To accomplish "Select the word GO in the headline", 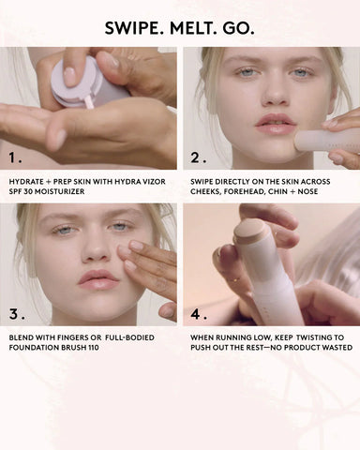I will click(239, 28).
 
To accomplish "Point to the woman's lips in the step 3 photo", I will click(98, 279).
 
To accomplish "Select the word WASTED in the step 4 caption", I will click(329, 348).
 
